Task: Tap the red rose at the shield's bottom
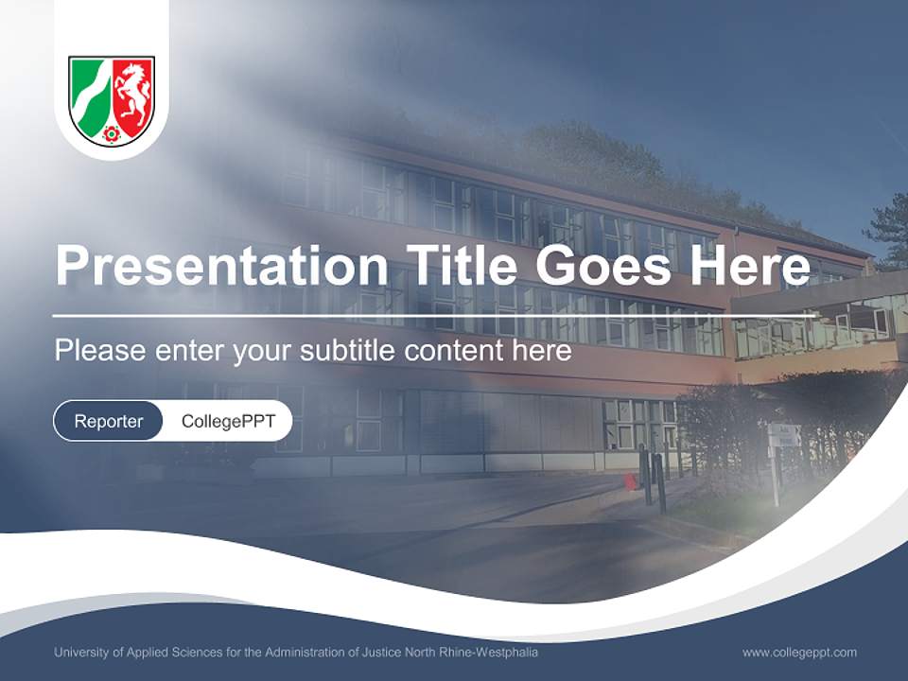[112, 133]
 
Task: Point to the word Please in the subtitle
[100, 351]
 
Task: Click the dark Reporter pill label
[109, 421]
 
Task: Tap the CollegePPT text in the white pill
[228, 421]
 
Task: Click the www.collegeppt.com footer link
[799, 653]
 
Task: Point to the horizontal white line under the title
[435, 315]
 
